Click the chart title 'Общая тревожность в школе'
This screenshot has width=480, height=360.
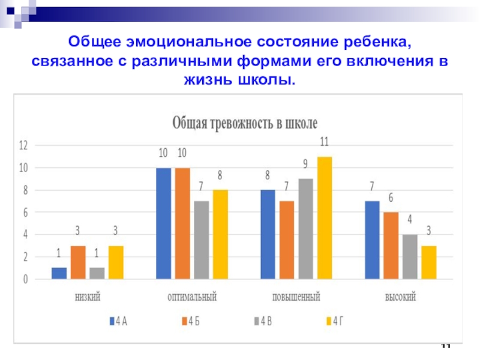point(245,124)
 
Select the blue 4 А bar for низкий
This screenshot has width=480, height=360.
point(59,273)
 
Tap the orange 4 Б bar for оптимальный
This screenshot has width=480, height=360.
point(182,223)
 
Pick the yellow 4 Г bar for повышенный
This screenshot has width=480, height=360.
point(324,218)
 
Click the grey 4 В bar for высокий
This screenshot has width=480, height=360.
point(410,256)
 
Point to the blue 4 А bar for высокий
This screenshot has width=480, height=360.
point(372,240)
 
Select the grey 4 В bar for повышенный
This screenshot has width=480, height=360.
point(305,229)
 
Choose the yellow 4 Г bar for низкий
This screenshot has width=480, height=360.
point(116,262)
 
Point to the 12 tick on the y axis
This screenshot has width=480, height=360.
point(23,145)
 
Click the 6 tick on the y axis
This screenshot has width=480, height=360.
point(25,212)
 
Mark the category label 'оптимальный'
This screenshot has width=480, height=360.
point(192,297)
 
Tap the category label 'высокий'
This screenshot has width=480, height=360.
point(401,297)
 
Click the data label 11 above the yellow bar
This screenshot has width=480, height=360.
point(324,142)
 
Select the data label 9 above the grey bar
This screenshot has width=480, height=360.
point(305,164)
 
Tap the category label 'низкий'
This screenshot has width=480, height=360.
point(88,297)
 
